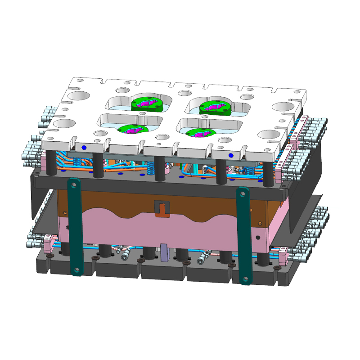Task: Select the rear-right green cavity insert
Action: click(215, 106)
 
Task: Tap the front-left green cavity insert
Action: click(133, 129)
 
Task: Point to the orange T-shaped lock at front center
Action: click(161, 208)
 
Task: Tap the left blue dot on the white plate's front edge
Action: click(84, 147)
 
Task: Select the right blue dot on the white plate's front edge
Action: click(231, 155)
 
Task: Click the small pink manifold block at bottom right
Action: click(283, 256)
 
